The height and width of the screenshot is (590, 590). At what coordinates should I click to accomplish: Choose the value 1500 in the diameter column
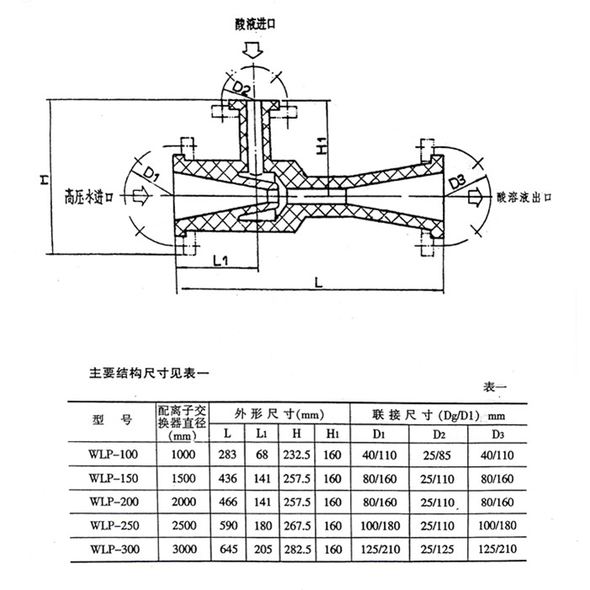(183, 479)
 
